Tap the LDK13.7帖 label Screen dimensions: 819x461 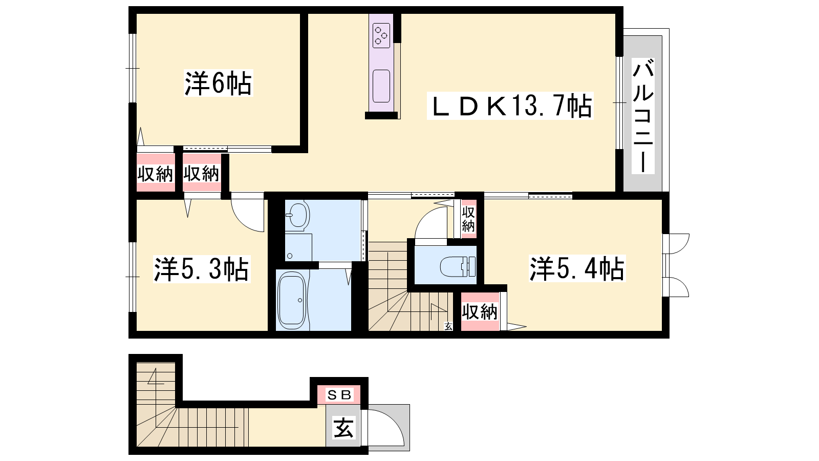pyautogui.click(x=510, y=106)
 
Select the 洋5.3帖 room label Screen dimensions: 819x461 pyautogui.click(x=202, y=269)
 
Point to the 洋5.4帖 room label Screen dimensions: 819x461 pyautogui.click(x=577, y=268)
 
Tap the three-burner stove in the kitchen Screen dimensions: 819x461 pyautogui.click(x=381, y=35)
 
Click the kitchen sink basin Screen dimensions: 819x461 pyautogui.click(x=381, y=86)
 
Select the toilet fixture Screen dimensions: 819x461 pyautogui.click(x=458, y=266)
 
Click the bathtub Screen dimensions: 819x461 pyautogui.click(x=292, y=302)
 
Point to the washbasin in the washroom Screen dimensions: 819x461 pyautogui.click(x=297, y=215)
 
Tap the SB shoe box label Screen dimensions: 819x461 pyautogui.click(x=339, y=395)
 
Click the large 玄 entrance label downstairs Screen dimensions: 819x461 pyautogui.click(x=343, y=428)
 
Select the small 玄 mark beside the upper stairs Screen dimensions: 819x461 pyautogui.click(x=448, y=326)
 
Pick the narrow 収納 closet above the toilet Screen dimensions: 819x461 pyautogui.click(x=468, y=219)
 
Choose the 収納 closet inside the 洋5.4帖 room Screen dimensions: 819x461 pyautogui.click(x=480, y=312)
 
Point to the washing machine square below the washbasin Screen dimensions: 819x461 pyautogui.click(x=298, y=247)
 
